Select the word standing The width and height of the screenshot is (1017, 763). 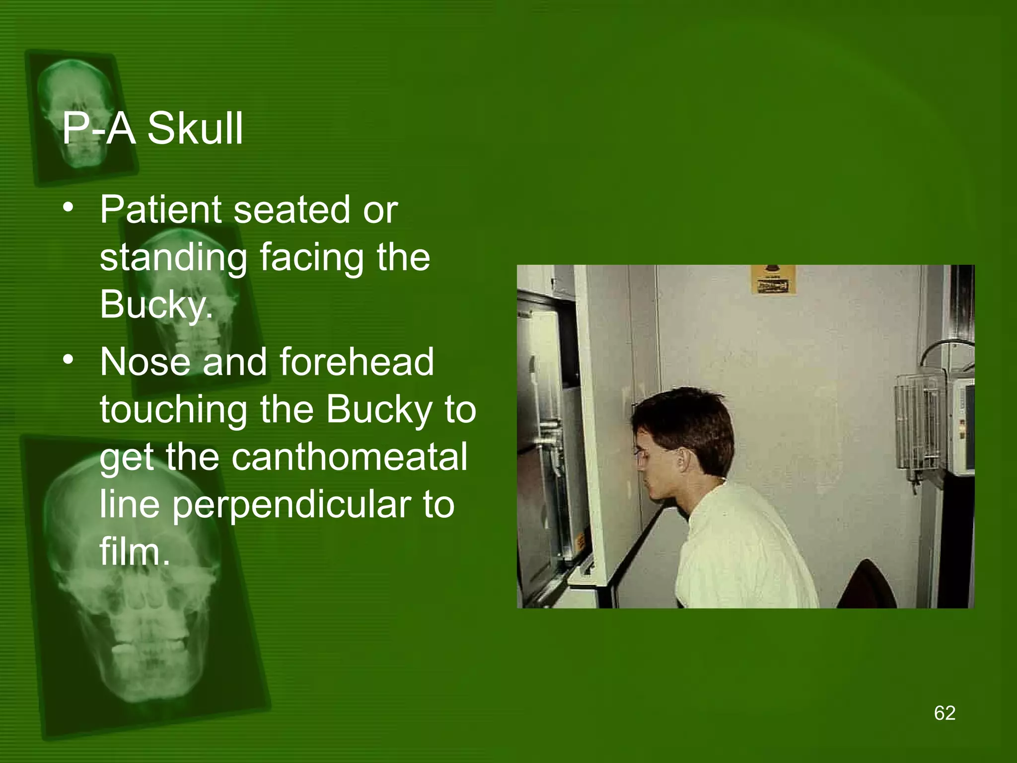click(173, 258)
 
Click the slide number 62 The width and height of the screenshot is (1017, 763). click(944, 713)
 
